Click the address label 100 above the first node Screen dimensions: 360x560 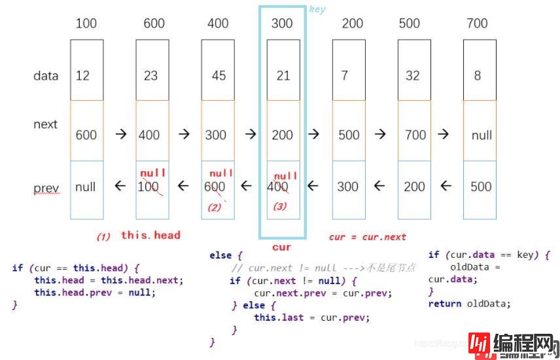pos(86,24)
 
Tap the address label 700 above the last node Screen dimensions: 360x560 pos(477,24)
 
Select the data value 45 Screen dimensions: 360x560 pos(219,75)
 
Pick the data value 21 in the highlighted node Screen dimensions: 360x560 pos(283,75)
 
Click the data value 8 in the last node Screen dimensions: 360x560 pos(478,75)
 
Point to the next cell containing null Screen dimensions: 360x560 pos(481,135)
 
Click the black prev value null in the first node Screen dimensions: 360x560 pos(86,187)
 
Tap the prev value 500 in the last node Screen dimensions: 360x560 pos(481,187)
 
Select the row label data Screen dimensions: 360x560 pos(46,75)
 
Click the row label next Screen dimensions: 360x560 pos(46,124)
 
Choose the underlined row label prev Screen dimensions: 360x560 pos(46,189)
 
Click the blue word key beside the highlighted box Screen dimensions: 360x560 pos(317,10)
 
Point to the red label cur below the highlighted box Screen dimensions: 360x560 pos(281,247)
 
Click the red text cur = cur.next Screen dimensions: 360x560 pos(368,237)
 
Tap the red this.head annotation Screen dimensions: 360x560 pos(150,235)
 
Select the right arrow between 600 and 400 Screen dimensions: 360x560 pos(120,134)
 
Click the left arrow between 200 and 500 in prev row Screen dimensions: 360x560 pos(379,187)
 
